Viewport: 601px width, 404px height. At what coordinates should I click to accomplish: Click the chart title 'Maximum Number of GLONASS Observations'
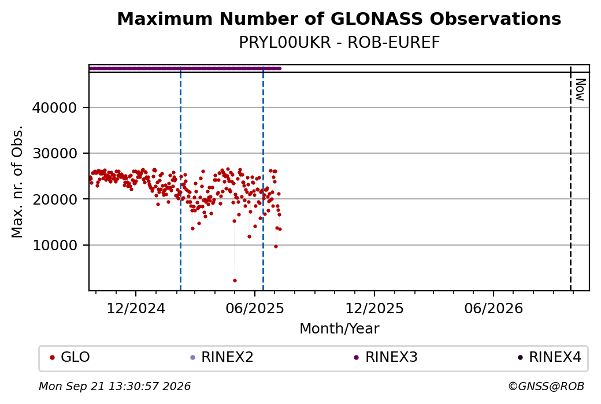click(x=339, y=18)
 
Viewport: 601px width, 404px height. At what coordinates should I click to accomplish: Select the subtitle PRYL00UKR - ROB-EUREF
click(x=339, y=43)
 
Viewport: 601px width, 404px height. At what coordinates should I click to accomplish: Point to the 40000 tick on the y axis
click(x=54, y=108)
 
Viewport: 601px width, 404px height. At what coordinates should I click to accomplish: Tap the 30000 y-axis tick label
click(x=54, y=153)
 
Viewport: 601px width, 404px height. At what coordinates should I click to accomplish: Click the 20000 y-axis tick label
click(x=54, y=199)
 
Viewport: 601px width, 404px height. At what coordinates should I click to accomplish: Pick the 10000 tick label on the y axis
click(x=54, y=245)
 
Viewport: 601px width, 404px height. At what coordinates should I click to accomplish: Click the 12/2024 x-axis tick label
click(x=136, y=308)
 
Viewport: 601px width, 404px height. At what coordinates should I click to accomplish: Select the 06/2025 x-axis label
click(x=255, y=308)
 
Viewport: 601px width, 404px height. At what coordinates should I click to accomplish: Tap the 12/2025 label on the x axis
click(x=374, y=308)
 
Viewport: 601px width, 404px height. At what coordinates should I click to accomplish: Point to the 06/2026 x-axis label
click(x=494, y=308)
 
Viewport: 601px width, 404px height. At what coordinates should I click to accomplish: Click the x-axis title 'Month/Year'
click(x=339, y=328)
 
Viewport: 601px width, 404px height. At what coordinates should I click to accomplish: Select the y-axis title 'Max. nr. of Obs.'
click(x=17, y=181)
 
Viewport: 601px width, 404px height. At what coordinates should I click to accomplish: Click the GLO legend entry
click(x=70, y=357)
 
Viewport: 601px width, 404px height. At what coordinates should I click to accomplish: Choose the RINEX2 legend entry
click(x=222, y=357)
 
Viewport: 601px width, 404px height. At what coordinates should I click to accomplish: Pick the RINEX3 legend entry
click(x=385, y=357)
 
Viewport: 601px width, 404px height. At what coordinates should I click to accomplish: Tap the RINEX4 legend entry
click(x=550, y=357)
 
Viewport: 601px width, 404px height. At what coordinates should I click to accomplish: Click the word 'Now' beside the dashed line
click(x=580, y=90)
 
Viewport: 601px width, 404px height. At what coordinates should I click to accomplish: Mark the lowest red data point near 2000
click(x=235, y=280)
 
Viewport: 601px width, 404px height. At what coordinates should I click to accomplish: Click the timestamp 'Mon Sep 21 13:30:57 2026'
click(x=114, y=386)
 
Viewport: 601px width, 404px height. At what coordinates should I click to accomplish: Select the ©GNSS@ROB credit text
click(x=546, y=386)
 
